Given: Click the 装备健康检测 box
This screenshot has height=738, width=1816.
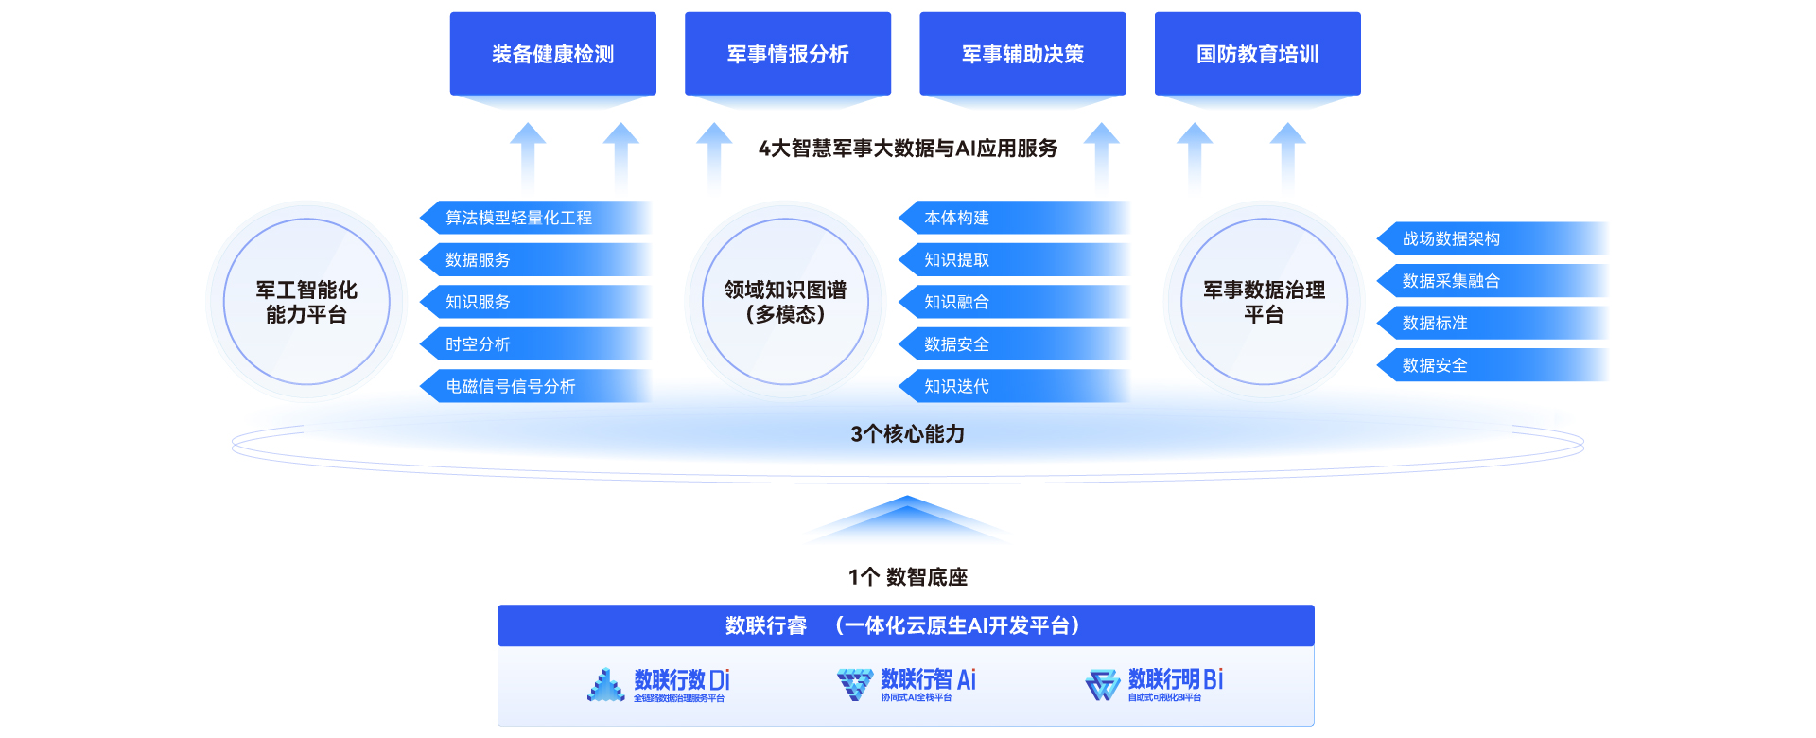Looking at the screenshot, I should pyautogui.click(x=552, y=54).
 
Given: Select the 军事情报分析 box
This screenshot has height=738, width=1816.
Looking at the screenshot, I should pyautogui.click(x=787, y=54).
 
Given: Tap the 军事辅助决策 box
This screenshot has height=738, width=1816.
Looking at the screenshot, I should pyautogui.click(x=1022, y=54).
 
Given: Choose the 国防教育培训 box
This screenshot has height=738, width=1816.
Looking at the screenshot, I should pyautogui.click(x=1257, y=54).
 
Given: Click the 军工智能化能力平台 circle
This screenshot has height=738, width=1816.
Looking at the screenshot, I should pyautogui.click(x=306, y=302).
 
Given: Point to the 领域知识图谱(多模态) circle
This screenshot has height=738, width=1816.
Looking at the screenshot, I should pyautogui.click(x=785, y=302).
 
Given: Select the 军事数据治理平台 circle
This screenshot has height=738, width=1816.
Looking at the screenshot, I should pyautogui.click(x=1264, y=302).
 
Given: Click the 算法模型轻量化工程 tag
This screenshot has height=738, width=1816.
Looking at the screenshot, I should pyautogui.click(x=534, y=218).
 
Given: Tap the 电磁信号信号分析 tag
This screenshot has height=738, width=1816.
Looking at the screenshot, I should pyautogui.click(x=534, y=386).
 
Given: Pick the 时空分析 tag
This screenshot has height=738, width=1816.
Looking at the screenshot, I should pyautogui.click(x=534, y=344).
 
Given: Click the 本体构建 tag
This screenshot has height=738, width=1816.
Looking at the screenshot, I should pyautogui.click(x=1013, y=218).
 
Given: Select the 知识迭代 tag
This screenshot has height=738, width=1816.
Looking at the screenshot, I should pyautogui.click(x=1013, y=386).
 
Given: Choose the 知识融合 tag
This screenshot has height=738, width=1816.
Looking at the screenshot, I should pyautogui.click(x=1013, y=302).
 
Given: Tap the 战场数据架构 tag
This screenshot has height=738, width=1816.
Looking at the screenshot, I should pyautogui.click(x=1492, y=238).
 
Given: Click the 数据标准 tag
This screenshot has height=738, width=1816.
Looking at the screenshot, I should pyautogui.click(x=1492, y=323).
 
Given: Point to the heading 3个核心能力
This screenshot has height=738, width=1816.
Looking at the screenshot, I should pyautogui.click(x=907, y=434).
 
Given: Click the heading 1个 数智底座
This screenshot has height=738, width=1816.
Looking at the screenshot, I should pyautogui.click(x=907, y=577).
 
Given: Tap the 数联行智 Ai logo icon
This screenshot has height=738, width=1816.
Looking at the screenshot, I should pyautogui.click(x=855, y=683).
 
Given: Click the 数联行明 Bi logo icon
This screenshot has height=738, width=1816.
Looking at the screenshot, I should pyautogui.click(x=1103, y=684).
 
